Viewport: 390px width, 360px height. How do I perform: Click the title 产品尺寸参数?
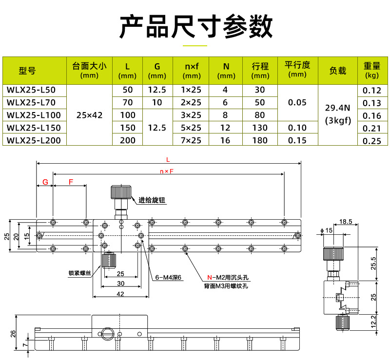(x=195, y=27)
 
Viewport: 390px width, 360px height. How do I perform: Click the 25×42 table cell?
(x=90, y=115)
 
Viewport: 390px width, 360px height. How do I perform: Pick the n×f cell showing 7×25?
(x=191, y=141)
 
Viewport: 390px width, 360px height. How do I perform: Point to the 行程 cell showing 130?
(x=260, y=128)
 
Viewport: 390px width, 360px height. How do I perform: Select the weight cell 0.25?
(x=372, y=141)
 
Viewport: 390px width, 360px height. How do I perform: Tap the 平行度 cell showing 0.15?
(x=297, y=141)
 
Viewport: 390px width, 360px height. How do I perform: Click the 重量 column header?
(x=372, y=70)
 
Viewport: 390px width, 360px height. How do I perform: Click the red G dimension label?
(x=45, y=182)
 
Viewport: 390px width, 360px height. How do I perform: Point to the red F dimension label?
(x=71, y=182)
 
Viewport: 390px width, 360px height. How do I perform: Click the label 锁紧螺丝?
(x=80, y=273)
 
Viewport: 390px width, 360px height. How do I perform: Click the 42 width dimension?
(x=120, y=293)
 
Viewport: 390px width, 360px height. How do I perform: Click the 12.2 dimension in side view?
(x=373, y=322)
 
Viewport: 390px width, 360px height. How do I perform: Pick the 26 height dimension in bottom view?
(x=13, y=333)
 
